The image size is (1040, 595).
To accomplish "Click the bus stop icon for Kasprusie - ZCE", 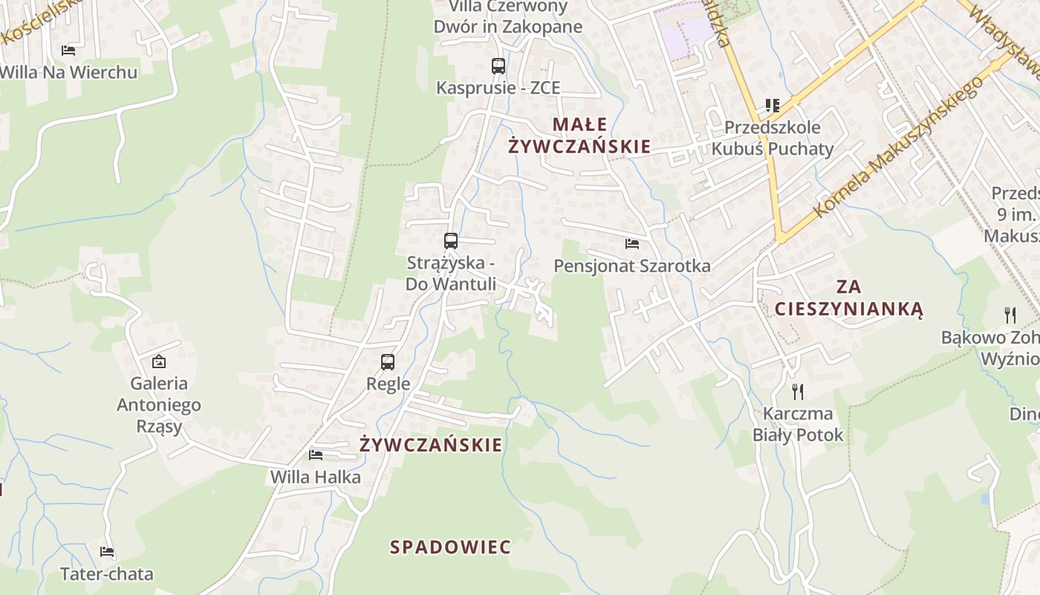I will tap(498, 66).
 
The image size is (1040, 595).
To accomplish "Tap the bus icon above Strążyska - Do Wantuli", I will tap(451, 241).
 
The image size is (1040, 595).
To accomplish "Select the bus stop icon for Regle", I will tap(388, 362).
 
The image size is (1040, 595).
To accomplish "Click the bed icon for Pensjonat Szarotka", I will tap(632, 243).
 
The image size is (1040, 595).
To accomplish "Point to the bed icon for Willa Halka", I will tap(316, 454).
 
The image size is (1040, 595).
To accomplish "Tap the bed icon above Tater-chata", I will tap(107, 552).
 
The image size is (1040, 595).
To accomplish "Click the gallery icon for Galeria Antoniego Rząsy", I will tap(158, 362).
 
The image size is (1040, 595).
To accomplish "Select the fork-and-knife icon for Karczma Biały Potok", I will tap(798, 391).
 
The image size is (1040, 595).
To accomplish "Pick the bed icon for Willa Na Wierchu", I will tap(68, 51).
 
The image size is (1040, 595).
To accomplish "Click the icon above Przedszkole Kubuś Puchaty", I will tap(773, 106).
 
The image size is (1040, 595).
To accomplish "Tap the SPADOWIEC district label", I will tap(451, 547).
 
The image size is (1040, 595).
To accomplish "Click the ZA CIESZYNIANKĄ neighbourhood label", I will tap(848, 297).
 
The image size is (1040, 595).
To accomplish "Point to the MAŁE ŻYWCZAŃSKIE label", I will tap(579, 135).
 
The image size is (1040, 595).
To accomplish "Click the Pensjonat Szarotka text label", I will tap(632, 266).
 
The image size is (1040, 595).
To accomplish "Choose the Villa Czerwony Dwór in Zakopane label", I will tap(508, 17).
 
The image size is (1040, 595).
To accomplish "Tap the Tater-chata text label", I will tap(107, 574).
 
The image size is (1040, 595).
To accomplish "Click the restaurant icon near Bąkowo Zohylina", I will tap(1010, 315).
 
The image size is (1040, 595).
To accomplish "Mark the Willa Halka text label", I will tap(316, 477).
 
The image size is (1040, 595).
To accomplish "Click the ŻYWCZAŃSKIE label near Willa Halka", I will tap(431, 445).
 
